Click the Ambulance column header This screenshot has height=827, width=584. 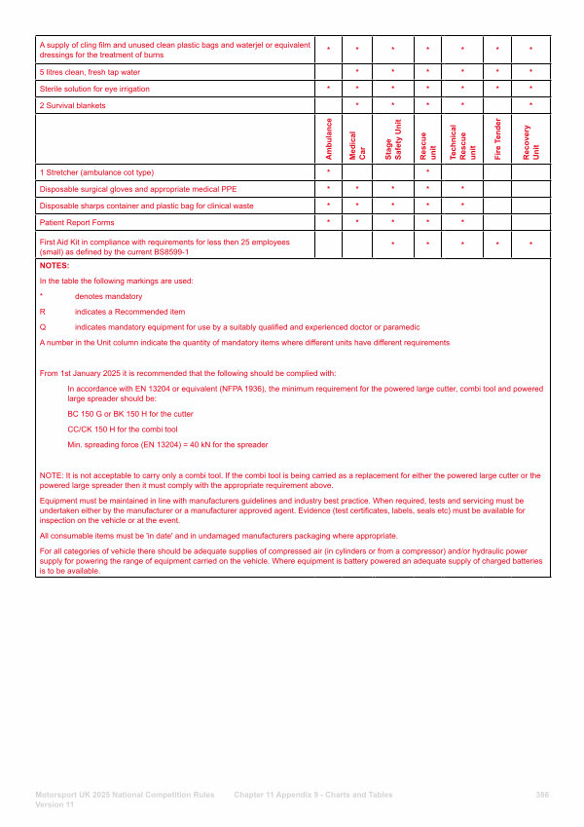pos(329,139)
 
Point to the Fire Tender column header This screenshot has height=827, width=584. pos(497,139)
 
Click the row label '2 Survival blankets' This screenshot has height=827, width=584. pos(73,105)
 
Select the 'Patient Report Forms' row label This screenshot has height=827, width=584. pos(77,223)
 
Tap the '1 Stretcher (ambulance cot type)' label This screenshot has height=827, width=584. pos(96,172)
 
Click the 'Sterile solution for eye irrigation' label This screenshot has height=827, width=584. pos(95,89)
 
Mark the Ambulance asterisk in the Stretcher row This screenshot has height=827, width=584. pos(329,172)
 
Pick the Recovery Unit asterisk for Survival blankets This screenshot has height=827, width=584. pos(530,105)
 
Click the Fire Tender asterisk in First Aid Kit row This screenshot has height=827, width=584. pos(497,245)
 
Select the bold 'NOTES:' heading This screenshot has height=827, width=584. pos(54,265)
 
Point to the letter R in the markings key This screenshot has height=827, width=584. pos(42,312)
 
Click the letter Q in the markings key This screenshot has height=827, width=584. pos(42,327)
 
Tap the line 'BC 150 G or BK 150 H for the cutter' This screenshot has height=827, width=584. pos(130,414)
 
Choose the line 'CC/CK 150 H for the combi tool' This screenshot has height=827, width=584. pos(123,429)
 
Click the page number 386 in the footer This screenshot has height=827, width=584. pos(542,795)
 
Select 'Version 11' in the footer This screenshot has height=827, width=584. pos(55,805)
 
